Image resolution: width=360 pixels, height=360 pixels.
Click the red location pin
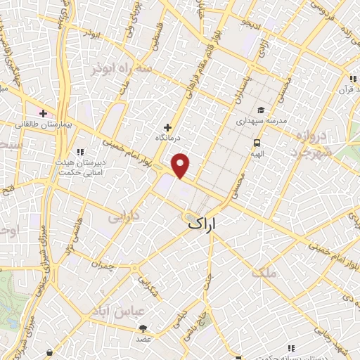pyautogui.click(x=181, y=165)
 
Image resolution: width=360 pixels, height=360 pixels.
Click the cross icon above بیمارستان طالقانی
pyautogui.click(x=43, y=112)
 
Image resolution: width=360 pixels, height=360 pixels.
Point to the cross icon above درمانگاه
pyautogui.click(x=167, y=127)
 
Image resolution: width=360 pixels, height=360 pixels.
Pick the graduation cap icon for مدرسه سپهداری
pyautogui.click(x=261, y=110)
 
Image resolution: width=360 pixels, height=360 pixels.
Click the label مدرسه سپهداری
pyautogui.click(x=261, y=121)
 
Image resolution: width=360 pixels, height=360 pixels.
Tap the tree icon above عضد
pyautogui.click(x=143, y=328)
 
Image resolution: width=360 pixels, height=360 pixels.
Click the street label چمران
pyautogui.click(x=102, y=266)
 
